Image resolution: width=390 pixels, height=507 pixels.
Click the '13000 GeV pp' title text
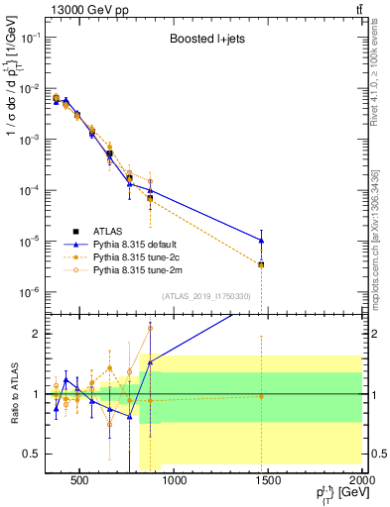click(86, 8)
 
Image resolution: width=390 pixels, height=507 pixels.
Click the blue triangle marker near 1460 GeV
click(261, 241)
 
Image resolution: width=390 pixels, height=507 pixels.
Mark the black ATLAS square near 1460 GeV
click(261, 264)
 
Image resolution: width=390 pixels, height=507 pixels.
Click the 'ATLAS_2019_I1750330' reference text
click(203, 295)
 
